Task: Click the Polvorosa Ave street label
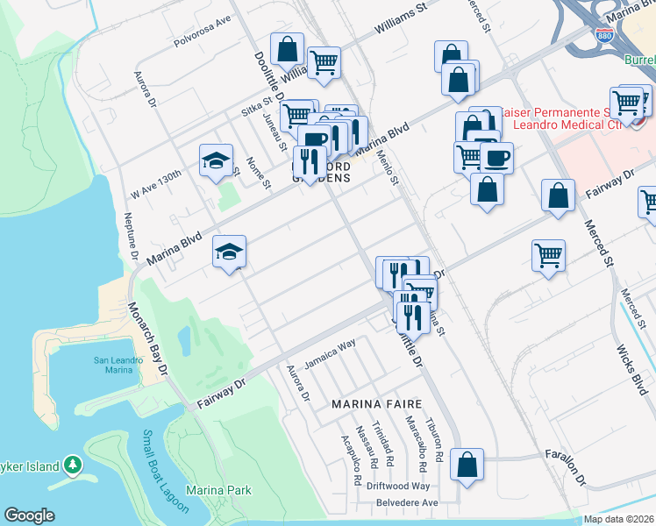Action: pos(201,42)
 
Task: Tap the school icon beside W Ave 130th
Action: pos(216,160)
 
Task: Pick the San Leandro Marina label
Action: pos(114,365)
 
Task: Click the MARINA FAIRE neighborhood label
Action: pos(376,404)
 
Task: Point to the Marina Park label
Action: pos(218,491)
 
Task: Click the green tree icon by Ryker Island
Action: pos(74,466)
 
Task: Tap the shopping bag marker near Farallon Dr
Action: pos(467,466)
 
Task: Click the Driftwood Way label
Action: pos(398,486)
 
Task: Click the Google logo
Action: pos(29,515)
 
